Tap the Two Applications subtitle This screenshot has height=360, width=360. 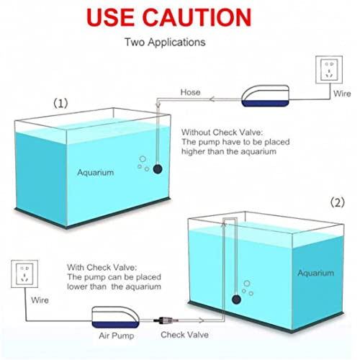tap(165, 42)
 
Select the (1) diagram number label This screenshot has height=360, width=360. tap(63, 103)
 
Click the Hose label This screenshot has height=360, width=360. tap(210, 93)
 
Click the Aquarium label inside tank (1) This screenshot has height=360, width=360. tap(95, 173)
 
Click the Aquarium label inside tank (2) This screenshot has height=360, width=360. tap(315, 273)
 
